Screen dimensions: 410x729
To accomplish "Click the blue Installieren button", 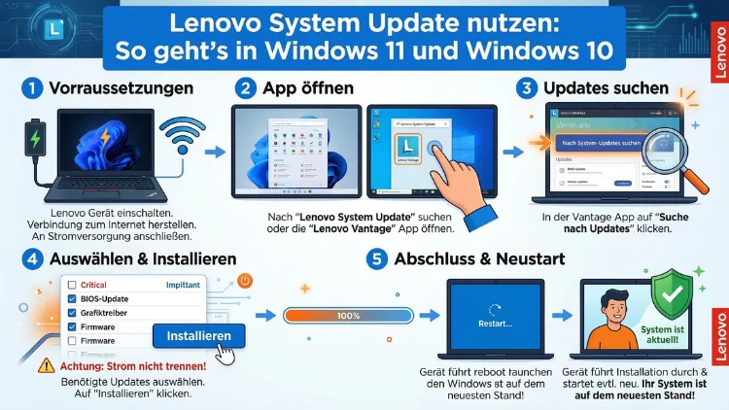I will pyautogui.click(x=199, y=336).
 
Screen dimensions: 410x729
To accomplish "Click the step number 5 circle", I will pyautogui.click(x=376, y=259).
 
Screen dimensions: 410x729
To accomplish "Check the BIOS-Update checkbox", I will pyautogui.click(x=71, y=299).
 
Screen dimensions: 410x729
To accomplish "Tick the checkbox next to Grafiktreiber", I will pyautogui.click(x=71, y=314).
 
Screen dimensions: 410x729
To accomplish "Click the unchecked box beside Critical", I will pyautogui.click(x=71, y=285).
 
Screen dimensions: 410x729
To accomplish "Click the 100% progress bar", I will pyautogui.click(x=347, y=315).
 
